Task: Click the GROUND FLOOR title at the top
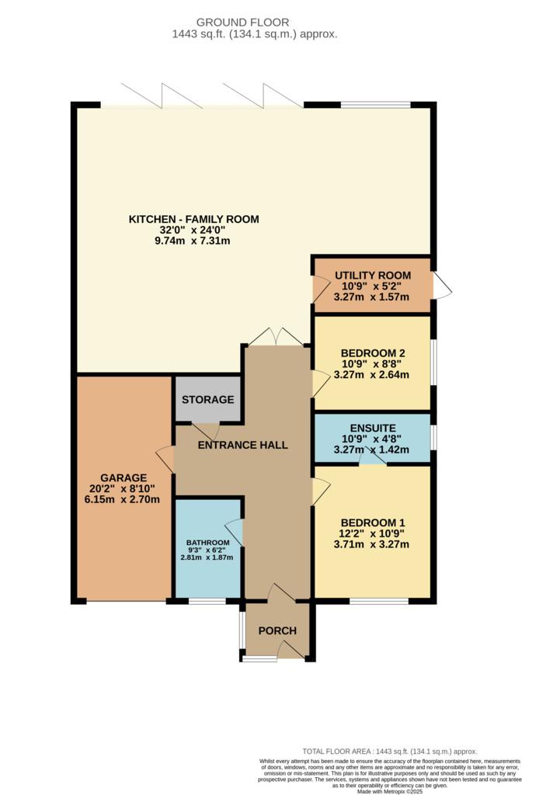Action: pos(242,23)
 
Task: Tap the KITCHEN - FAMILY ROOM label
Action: pos(194,219)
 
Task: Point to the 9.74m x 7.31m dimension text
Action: pos(193,241)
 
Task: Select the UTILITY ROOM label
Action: pos(373,276)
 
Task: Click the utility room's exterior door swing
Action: pos(442,286)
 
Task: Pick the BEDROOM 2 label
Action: pos(373,353)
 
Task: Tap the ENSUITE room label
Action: pos(373,428)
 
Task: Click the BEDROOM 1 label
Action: pos(373,522)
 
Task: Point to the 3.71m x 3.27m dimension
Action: pos(371,544)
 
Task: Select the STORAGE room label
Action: pos(208,400)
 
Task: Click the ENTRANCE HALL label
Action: pos(242,445)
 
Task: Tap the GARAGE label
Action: pos(123,477)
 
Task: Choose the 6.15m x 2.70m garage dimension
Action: pos(122,499)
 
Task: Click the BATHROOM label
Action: pos(207,543)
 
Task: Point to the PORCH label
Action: pos(277,630)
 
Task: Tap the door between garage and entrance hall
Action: pos(165,459)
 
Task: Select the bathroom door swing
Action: pos(234,533)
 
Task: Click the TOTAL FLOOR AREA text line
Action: pos(390,752)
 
